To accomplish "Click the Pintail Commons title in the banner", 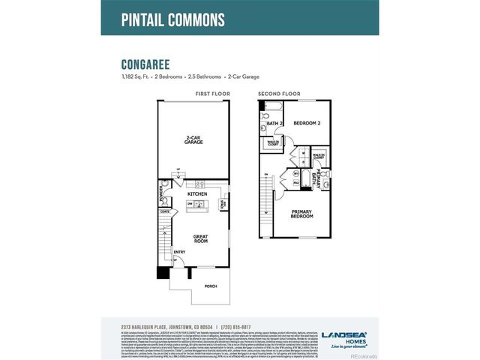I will [172, 19].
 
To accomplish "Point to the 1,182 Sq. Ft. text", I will [134, 76].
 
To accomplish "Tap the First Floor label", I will [211, 94].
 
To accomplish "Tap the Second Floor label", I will [279, 94].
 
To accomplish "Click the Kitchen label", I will [197, 193].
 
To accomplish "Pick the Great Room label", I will [200, 239].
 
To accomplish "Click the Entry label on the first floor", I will [180, 252].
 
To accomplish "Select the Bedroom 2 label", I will [307, 122].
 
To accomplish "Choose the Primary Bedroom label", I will [301, 213].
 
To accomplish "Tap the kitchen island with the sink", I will [197, 203].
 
